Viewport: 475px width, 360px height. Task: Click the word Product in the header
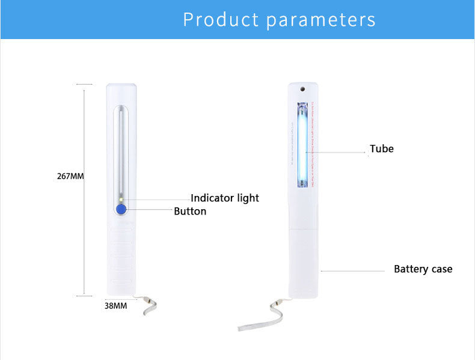(x=221, y=19)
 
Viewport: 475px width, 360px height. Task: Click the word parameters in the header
(x=320, y=20)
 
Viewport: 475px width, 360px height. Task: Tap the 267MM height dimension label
(x=70, y=176)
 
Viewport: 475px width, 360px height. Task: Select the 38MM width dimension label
(x=116, y=305)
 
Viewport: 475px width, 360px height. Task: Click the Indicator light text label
(x=225, y=198)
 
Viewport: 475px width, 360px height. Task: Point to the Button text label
(x=190, y=211)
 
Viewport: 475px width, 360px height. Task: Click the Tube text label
(x=382, y=148)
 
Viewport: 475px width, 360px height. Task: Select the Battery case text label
(x=423, y=269)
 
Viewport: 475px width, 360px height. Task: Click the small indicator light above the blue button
(x=121, y=199)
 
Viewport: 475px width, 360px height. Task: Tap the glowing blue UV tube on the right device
(x=302, y=144)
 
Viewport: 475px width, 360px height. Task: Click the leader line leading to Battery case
(x=355, y=271)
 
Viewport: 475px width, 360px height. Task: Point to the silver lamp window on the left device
(x=121, y=150)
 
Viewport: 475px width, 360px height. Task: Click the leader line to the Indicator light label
(x=156, y=200)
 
